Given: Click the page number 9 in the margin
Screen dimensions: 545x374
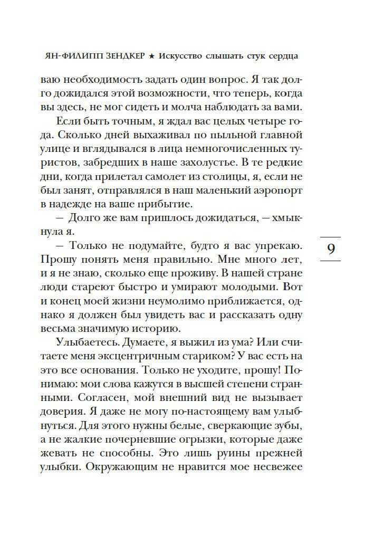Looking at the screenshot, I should tap(331, 248).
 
